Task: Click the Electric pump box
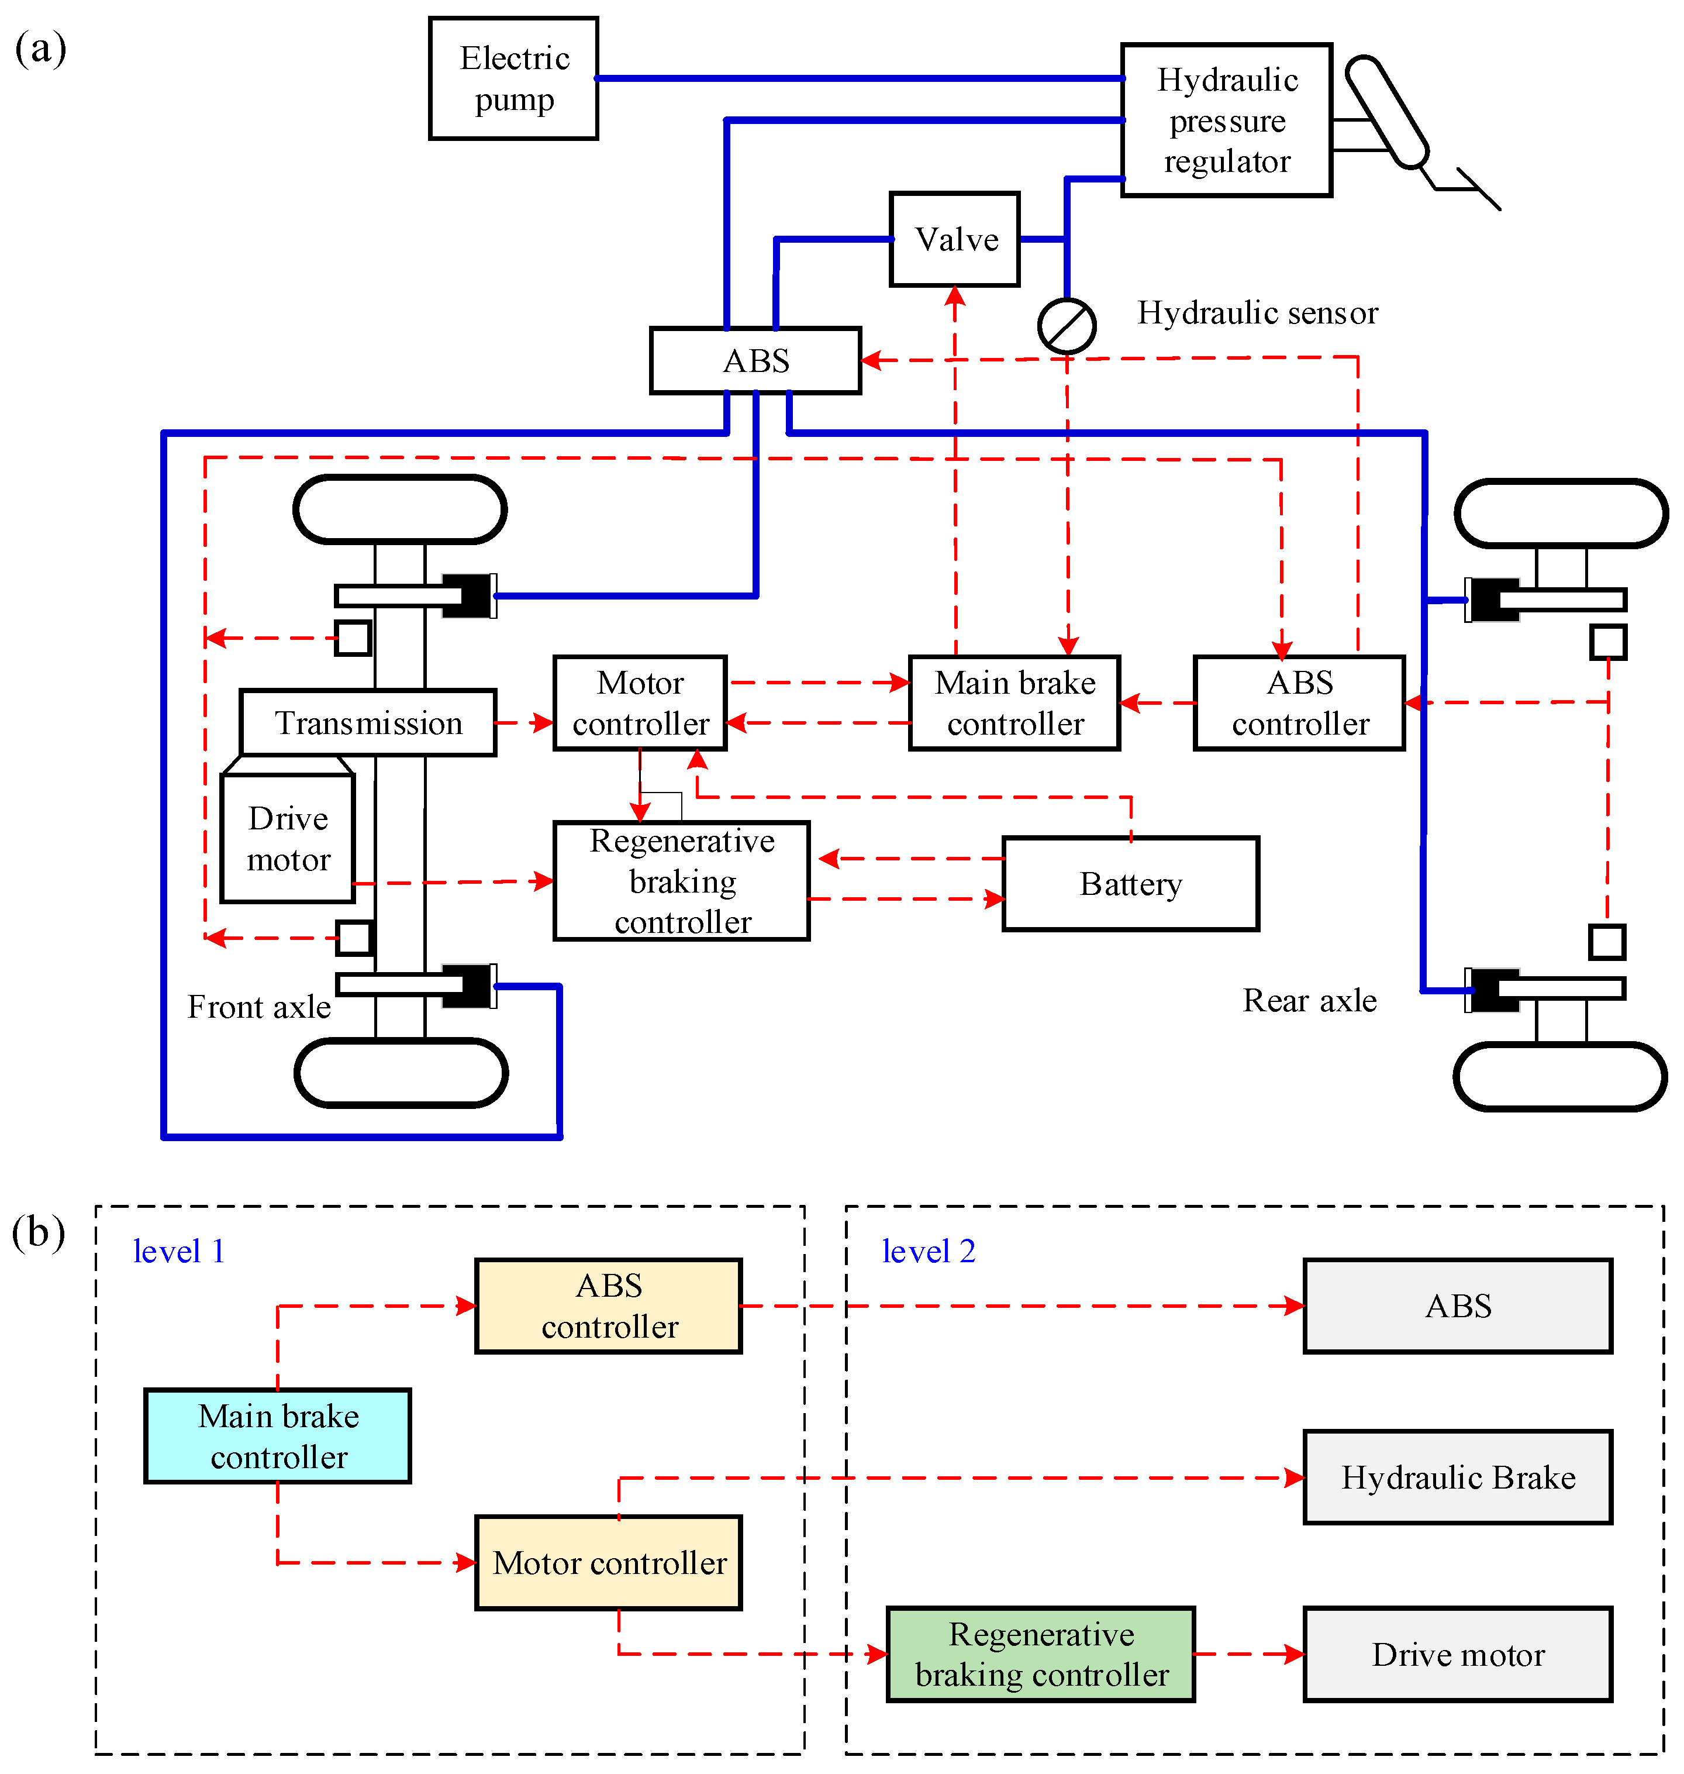pyautogui.click(x=513, y=78)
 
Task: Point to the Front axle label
pyautogui.click(x=258, y=1007)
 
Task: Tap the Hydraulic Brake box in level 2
pyautogui.click(x=1457, y=1477)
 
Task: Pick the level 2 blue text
pyautogui.click(x=927, y=1251)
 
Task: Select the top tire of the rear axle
pyautogui.click(x=1560, y=512)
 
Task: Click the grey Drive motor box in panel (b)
pyautogui.click(x=1457, y=1654)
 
